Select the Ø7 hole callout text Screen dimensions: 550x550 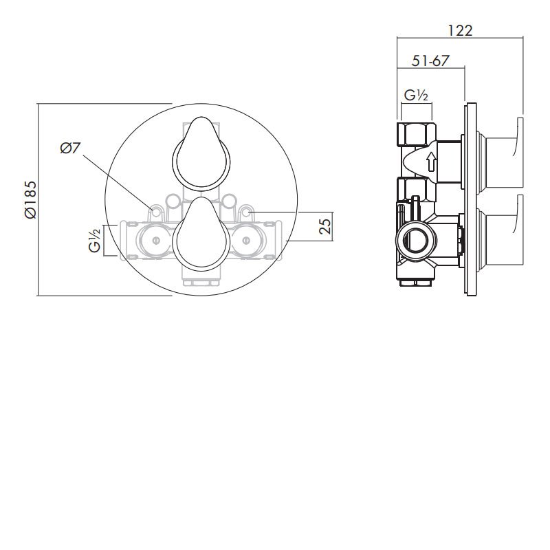pyautogui.click(x=70, y=147)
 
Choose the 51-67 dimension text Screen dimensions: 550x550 pyautogui.click(x=431, y=60)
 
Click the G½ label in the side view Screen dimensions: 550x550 pyautogui.click(x=417, y=96)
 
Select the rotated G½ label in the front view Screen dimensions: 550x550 pyautogui.click(x=96, y=240)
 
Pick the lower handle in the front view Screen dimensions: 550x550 pyautogui.click(x=199, y=234)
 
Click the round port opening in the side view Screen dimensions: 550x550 pyautogui.click(x=414, y=241)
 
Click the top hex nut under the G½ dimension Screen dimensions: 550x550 pyautogui.click(x=415, y=133)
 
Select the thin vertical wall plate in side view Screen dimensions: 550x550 pyautogui.click(x=471, y=199)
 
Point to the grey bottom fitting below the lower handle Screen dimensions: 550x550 pyautogui.click(x=199, y=280)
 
